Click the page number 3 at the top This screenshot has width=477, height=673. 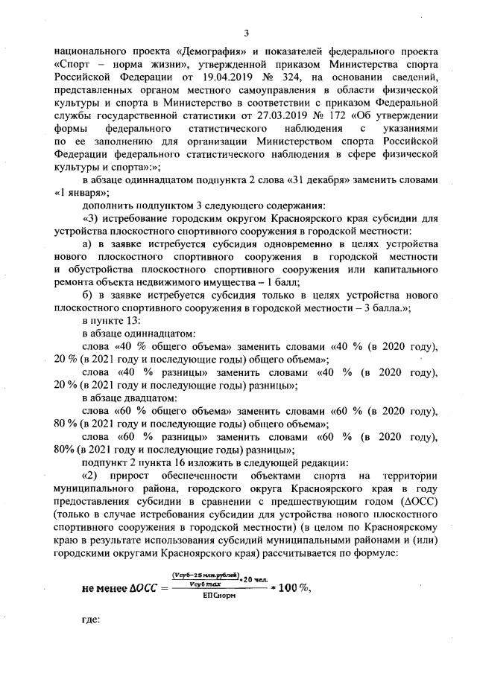tap(246, 32)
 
